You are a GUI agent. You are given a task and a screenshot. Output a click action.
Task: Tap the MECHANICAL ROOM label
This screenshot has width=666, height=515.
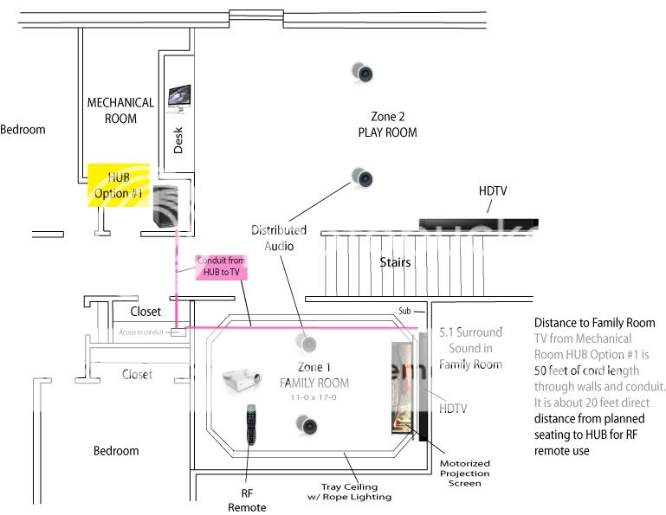[x=120, y=110]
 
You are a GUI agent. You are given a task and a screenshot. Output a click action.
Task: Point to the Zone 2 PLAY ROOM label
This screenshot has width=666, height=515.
[x=387, y=124]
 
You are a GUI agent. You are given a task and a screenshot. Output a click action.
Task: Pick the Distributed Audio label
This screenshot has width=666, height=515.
[x=279, y=237]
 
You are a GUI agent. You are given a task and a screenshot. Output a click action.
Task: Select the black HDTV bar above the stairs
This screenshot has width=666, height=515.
[x=478, y=227]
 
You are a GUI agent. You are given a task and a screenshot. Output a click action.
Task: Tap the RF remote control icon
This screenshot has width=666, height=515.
[x=252, y=423]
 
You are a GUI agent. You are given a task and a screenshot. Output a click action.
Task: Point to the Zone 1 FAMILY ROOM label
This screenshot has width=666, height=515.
[x=314, y=375]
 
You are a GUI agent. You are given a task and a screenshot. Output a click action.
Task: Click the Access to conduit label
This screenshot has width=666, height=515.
[x=141, y=332]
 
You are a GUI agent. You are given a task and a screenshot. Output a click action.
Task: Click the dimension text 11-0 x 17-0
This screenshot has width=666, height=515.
[x=314, y=397]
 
